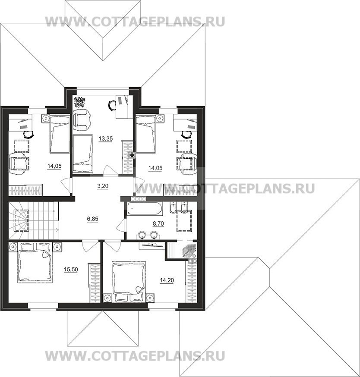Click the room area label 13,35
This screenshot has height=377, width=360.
coord(106,139)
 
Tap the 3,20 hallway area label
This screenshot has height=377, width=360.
coord(102,186)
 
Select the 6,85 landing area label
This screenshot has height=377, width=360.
coord(92,219)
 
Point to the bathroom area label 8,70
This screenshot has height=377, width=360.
coord(158,223)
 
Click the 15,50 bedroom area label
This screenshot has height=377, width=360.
coord(71,270)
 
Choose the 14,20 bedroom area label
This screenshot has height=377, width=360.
coord(167,280)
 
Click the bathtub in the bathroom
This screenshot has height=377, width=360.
coord(145,209)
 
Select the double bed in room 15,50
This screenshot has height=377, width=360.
coord(35,263)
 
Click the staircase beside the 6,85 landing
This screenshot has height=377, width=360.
coord(34,220)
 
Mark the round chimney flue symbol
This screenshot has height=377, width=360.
coord(132,155)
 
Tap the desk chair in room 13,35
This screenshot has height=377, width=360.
coord(111,105)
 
